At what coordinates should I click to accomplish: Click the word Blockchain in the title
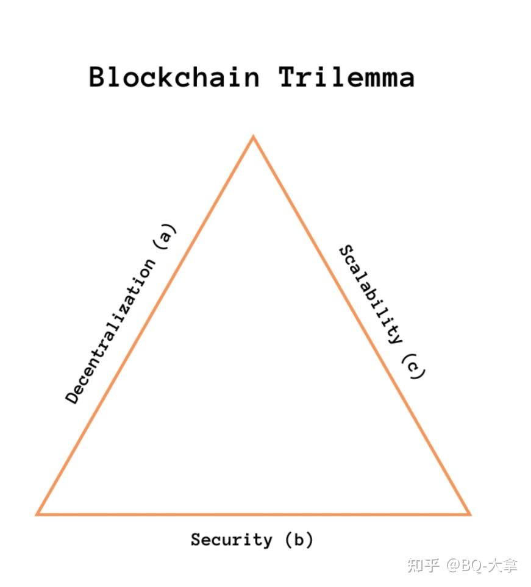pyautogui.click(x=174, y=77)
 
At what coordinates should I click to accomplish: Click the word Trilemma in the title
pyautogui.click(x=347, y=77)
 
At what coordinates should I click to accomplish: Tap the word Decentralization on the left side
pyautogui.click(x=110, y=332)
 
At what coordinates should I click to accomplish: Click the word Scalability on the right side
pyautogui.click(x=371, y=294)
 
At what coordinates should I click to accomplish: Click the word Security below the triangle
pyautogui.click(x=231, y=540)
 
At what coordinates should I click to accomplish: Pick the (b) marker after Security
pyautogui.click(x=299, y=540)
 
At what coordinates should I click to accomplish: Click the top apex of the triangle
pyautogui.click(x=254, y=138)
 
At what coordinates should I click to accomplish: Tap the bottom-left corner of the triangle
pyautogui.click(x=38, y=514)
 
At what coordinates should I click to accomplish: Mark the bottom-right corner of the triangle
pyautogui.click(x=469, y=514)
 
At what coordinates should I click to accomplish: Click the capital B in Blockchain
pyautogui.click(x=98, y=77)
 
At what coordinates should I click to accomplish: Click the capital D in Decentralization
pyautogui.click(x=73, y=396)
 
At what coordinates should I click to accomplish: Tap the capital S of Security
pyautogui.click(x=196, y=540)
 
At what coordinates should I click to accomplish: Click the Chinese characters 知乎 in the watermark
pyautogui.click(x=423, y=565)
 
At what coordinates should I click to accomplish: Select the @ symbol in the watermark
pyautogui.click(x=452, y=566)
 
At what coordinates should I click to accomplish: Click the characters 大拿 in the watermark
pyautogui.click(x=503, y=565)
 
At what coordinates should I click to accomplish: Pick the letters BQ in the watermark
pyautogui.click(x=471, y=566)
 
